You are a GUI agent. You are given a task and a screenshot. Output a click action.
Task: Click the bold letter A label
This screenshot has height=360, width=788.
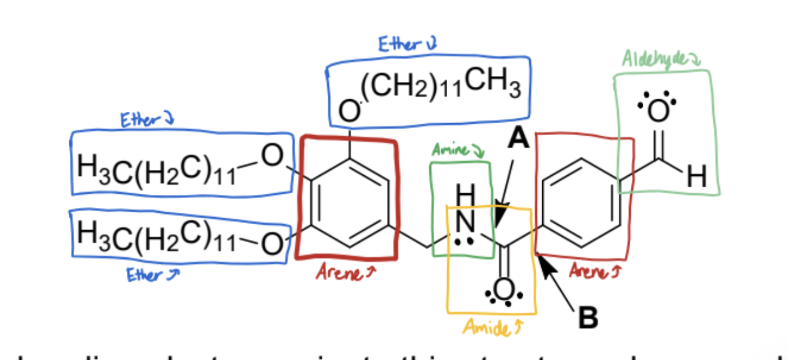(x=518, y=139)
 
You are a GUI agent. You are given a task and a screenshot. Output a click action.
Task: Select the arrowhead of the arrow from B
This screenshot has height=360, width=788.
(x=545, y=264)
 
